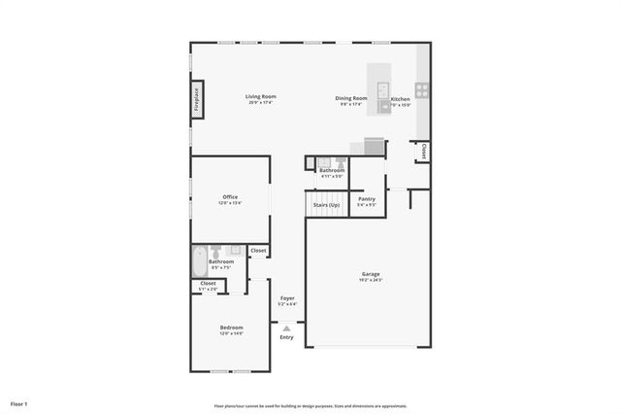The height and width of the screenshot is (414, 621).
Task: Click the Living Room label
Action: (x=261, y=96)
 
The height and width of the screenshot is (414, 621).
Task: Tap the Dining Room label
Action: (x=352, y=98)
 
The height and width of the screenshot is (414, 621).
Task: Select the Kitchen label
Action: (x=400, y=99)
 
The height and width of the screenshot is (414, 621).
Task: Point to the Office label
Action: (x=230, y=197)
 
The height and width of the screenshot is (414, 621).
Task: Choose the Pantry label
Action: (x=367, y=198)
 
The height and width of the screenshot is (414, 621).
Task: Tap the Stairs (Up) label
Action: (x=326, y=205)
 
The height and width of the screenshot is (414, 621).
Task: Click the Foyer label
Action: (x=287, y=298)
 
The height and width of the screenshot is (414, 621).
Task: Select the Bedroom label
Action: (x=231, y=328)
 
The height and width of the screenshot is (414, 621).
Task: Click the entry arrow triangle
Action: (x=286, y=328)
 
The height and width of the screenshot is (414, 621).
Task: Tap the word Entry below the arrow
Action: (x=286, y=337)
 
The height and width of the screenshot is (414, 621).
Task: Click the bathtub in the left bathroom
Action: (x=199, y=260)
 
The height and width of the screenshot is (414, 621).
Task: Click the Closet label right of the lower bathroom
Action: (x=258, y=251)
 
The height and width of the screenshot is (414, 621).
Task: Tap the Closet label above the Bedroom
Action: (x=209, y=284)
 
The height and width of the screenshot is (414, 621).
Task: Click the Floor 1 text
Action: (x=19, y=403)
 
